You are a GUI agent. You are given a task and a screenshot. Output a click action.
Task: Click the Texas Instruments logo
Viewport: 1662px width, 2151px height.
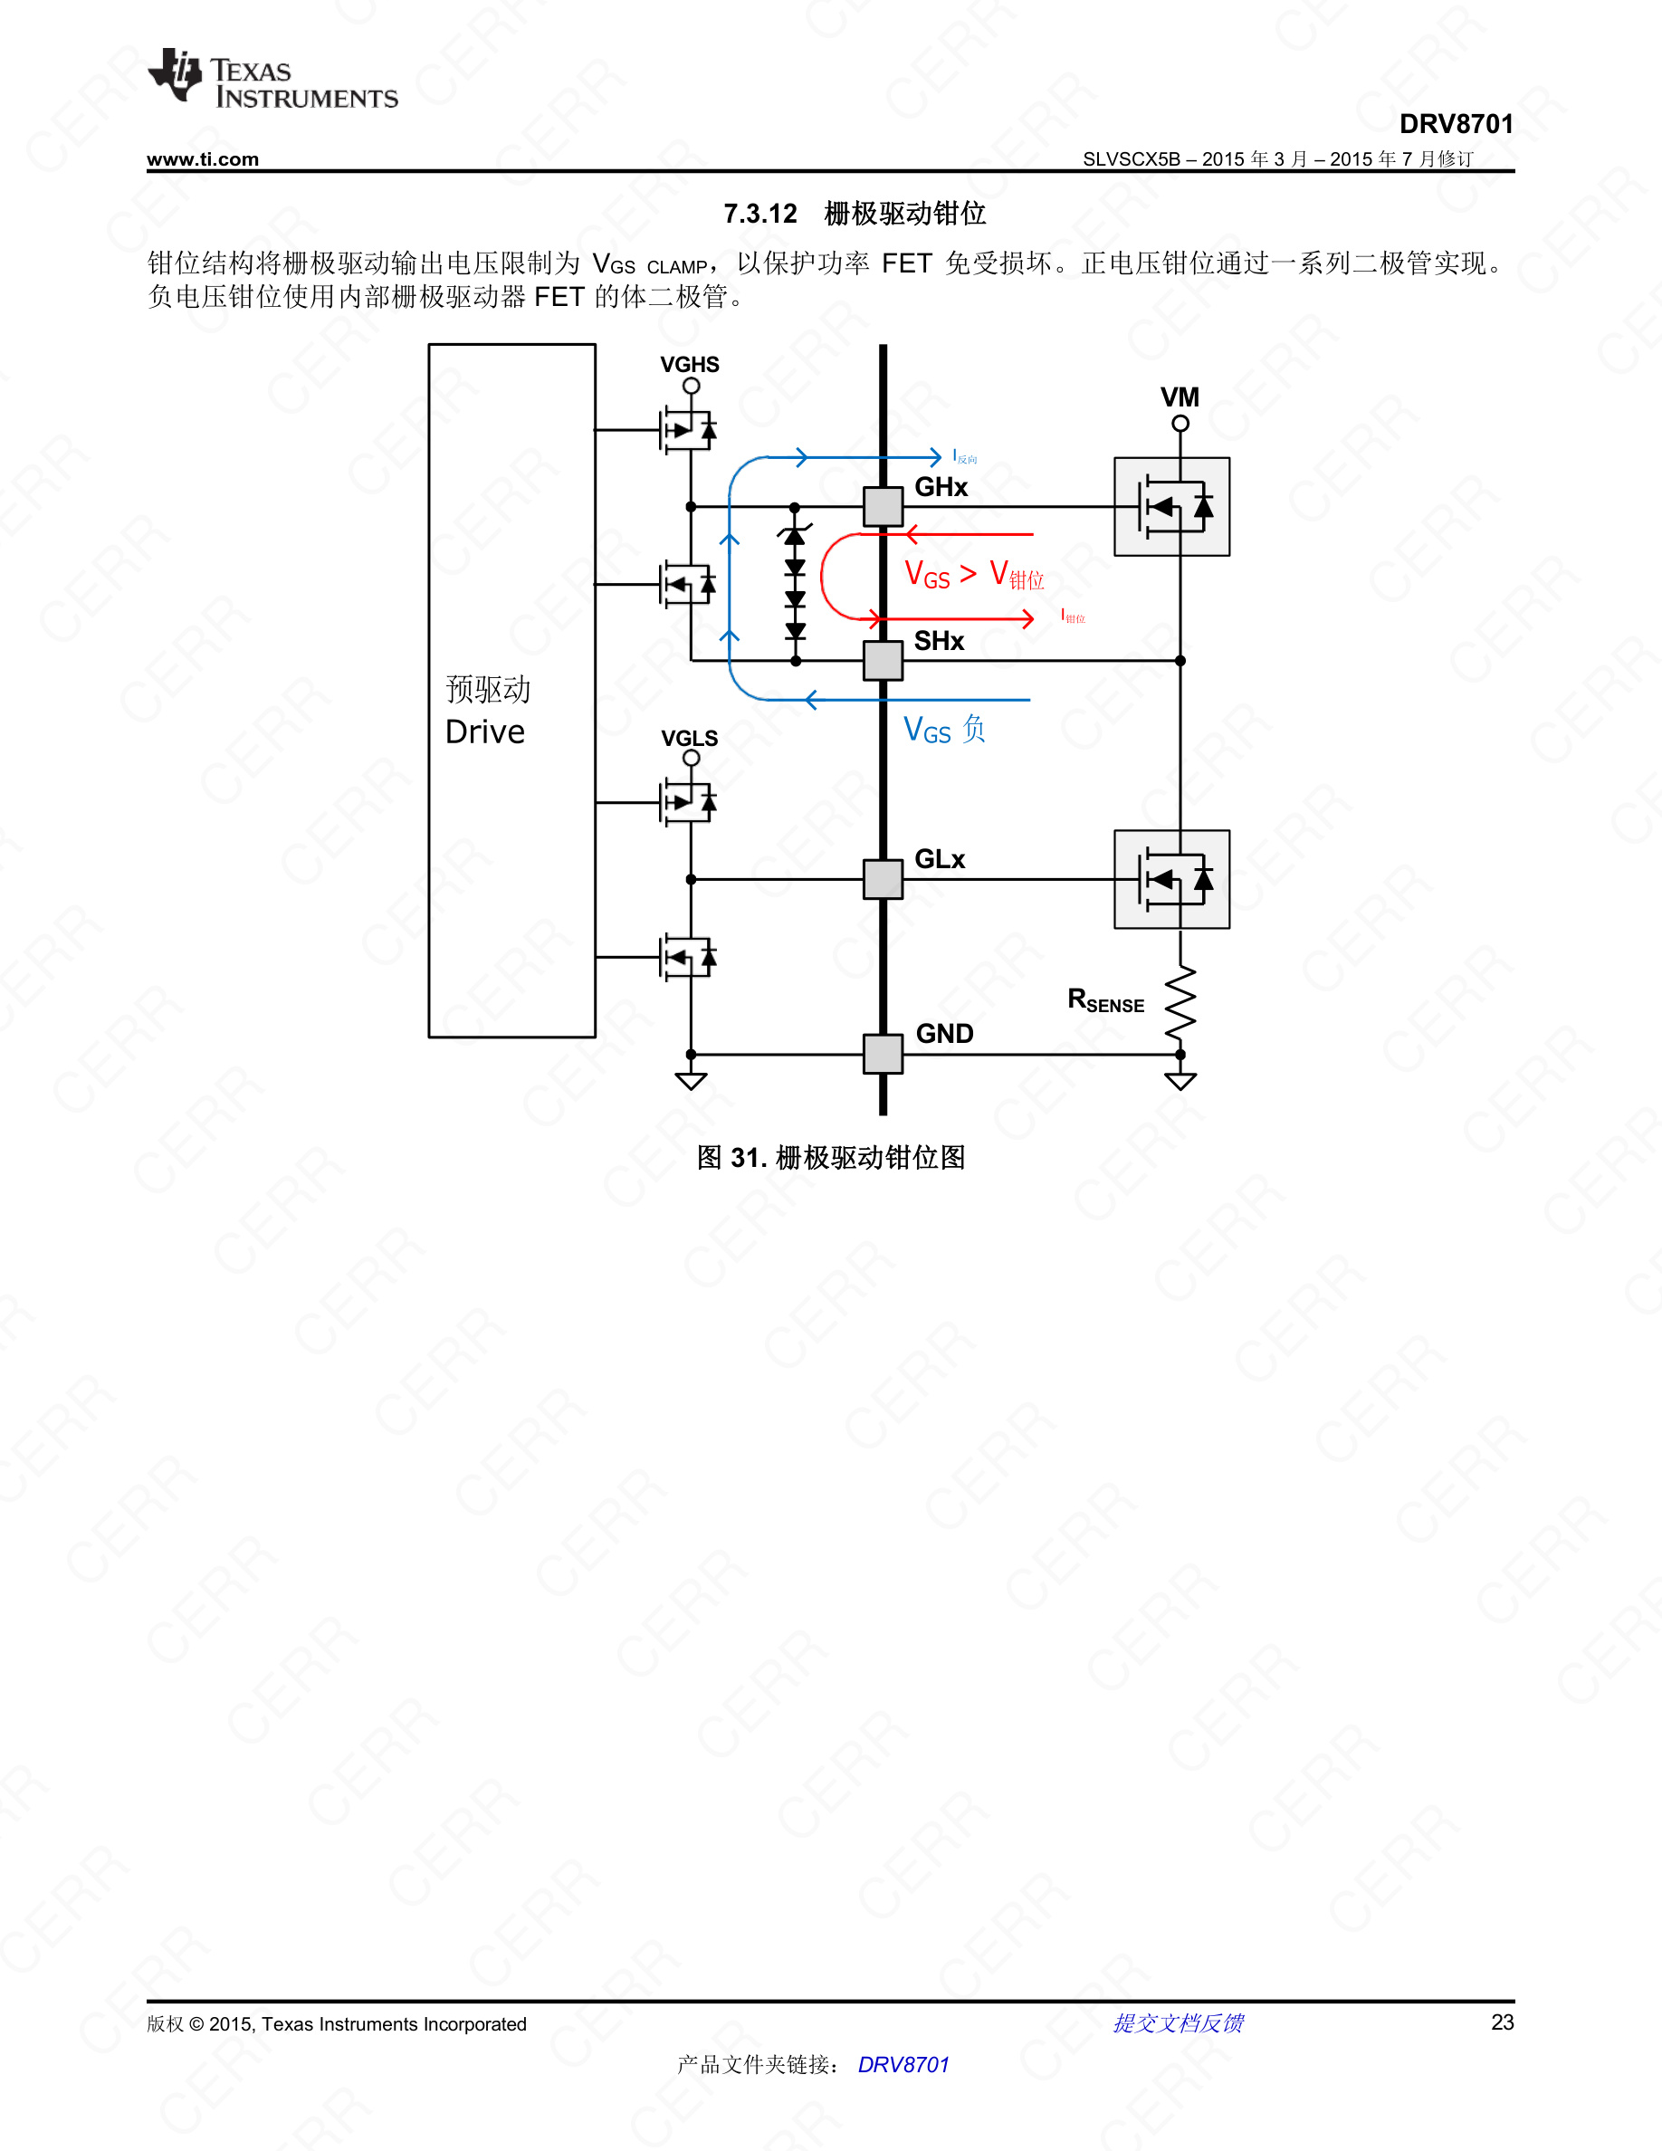click(x=272, y=79)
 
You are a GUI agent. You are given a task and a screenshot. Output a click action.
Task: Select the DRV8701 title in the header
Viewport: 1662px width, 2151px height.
click(x=1456, y=124)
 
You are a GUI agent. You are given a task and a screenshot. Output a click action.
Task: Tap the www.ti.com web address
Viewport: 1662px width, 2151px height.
click(x=203, y=159)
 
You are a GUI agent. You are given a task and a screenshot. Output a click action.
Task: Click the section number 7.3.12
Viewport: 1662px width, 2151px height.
click(x=760, y=214)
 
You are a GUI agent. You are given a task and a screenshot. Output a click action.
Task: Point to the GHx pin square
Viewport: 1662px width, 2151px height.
click(x=883, y=506)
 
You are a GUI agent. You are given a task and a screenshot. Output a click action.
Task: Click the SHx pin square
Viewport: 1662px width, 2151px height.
click(x=883, y=660)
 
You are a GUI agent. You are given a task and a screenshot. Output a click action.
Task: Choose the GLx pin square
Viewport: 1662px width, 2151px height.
click(x=883, y=878)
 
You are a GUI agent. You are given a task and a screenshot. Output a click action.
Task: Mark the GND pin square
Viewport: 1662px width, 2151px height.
click(x=883, y=1054)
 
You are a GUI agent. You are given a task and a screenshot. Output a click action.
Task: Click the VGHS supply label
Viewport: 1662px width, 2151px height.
click(x=689, y=365)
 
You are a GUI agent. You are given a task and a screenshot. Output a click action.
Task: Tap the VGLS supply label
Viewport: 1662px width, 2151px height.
click(x=689, y=738)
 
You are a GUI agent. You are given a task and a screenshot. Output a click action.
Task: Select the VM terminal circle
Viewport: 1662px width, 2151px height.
click(x=1180, y=424)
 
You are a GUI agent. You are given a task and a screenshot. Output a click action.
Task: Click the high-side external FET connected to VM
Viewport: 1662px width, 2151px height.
click(x=1171, y=506)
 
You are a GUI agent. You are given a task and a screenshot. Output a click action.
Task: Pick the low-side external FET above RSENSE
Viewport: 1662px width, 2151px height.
click(x=1171, y=878)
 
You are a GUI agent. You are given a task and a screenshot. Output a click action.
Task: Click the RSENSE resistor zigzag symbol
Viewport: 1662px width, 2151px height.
click(x=1180, y=1002)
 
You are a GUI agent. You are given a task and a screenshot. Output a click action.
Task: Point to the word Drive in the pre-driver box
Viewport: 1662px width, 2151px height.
click(x=484, y=731)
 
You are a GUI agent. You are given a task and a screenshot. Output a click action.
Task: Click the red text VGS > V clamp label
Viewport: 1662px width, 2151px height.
click(x=973, y=574)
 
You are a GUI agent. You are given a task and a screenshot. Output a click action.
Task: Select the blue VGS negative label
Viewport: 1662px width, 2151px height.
click(x=943, y=730)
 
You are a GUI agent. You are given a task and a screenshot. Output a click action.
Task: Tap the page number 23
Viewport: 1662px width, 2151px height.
click(x=1502, y=2022)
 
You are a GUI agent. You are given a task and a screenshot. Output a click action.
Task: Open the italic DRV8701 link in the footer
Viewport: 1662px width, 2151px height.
click(x=903, y=2064)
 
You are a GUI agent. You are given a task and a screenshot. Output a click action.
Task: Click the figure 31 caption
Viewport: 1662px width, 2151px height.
click(x=830, y=1157)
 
